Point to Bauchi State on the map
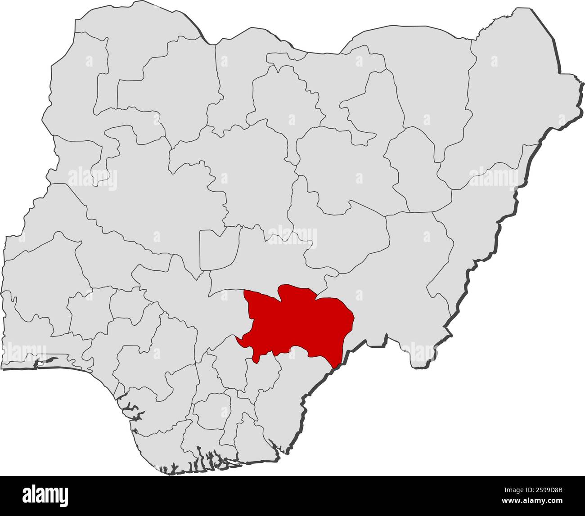point(346,171)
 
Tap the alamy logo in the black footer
point(45,494)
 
